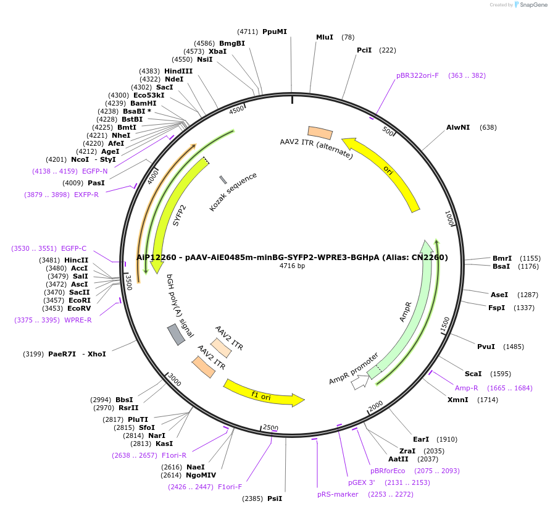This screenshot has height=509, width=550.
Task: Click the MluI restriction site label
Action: (x=325, y=37)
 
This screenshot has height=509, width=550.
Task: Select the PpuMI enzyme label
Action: (x=274, y=32)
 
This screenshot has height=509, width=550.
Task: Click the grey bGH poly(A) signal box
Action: (x=176, y=334)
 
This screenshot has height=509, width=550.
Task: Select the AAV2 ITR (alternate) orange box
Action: (x=320, y=133)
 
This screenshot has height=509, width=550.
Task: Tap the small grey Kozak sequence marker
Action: (x=223, y=180)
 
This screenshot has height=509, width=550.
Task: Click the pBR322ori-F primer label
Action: (x=417, y=75)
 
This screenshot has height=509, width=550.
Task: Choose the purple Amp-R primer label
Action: (x=467, y=388)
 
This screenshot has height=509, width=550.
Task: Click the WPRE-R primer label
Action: (x=78, y=320)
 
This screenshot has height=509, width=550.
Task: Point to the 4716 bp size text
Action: (x=292, y=266)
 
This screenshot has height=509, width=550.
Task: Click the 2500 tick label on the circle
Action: (x=271, y=427)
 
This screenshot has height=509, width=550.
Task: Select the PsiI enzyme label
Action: (x=275, y=498)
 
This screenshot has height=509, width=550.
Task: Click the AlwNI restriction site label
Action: (x=458, y=128)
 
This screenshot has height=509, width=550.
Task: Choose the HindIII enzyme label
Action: (x=178, y=71)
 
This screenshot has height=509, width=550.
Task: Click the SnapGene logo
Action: (x=530, y=5)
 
